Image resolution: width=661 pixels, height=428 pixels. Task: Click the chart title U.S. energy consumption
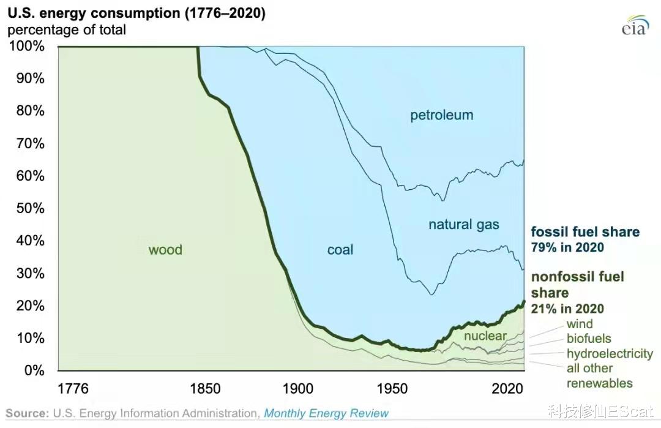(136, 12)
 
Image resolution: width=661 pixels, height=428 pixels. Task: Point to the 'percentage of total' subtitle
(67, 29)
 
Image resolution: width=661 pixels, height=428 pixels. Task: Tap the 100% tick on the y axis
(27, 47)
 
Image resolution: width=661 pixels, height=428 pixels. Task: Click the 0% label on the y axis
(34, 370)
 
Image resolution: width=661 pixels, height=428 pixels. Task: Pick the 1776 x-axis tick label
(73, 389)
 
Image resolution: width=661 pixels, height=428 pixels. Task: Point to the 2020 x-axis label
(507, 389)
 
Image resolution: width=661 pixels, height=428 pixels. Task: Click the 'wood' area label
(165, 250)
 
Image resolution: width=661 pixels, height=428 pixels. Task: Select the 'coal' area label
(340, 250)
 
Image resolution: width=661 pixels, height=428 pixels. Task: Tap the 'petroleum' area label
(441, 115)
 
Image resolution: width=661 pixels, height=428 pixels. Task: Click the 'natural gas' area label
(463, 225)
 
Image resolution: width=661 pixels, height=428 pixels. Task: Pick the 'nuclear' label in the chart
(485, 336)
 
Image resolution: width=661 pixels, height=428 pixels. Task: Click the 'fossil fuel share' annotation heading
(584, 232)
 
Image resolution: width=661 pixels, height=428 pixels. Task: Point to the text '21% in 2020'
(567, 309)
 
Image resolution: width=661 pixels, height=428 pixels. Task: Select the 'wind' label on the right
(579, 324)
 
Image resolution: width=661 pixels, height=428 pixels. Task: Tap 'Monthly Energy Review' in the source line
(326, 413)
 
